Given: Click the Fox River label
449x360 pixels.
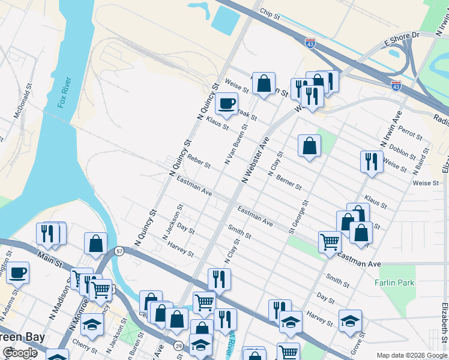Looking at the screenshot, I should (x=65, y=92).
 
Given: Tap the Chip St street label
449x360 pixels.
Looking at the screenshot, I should (x=270, y=12).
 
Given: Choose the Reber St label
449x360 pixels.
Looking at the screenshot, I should (x=199, y=163).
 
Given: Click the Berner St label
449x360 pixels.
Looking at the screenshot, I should (x=289, y=182).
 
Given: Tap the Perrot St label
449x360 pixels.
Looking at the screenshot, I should (x=411, y=130).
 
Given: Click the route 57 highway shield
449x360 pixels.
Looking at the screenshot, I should (x=120, y=251).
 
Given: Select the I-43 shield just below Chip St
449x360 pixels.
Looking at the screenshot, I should (x=310, y=44).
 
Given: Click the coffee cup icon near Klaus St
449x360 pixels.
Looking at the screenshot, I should (x=226, y=103).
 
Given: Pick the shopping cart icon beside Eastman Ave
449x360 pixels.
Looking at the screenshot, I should (x=330, y=242).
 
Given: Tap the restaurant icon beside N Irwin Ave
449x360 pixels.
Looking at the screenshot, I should (x=372, y=161).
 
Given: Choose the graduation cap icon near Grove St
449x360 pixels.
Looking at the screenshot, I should (x=350, y=320).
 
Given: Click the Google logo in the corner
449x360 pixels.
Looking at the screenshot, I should (x=20, y=353).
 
